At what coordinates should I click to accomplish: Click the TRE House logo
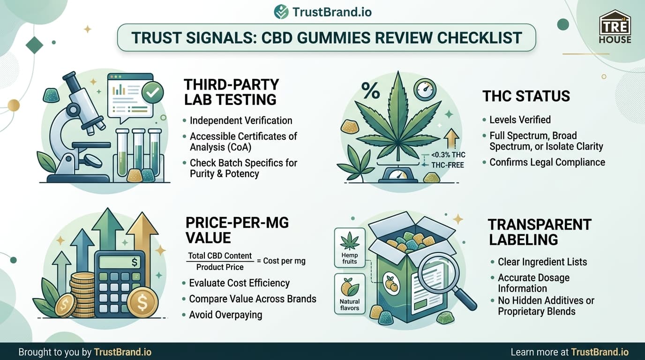[x=615, y=27]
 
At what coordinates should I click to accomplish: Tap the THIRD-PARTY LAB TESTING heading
[x=231, y=92]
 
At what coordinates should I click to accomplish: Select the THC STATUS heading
[x=526, y=96]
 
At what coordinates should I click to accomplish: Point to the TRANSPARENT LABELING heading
[x=540, y=232]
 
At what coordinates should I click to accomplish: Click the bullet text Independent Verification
[x=241, y=121]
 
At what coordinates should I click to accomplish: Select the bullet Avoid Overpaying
[x=225, y=315]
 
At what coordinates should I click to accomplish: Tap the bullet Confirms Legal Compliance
[x=547, y=162]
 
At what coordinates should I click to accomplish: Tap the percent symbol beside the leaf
[x=370, y=91]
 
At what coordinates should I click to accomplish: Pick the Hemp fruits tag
[x=350, y=247]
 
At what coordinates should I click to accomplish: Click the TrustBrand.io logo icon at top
[x=281, y=12]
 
